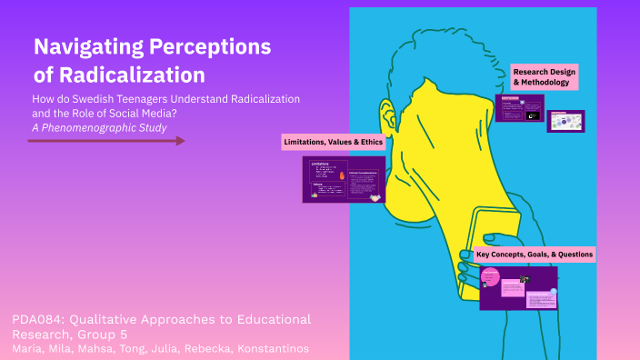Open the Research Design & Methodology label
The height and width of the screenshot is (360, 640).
pyautogui.click(x=545, y=76)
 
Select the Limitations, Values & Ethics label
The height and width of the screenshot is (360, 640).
pyautogui.click(x=334, y=142)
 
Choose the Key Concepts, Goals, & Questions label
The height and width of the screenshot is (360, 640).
pyautogui.click(x=535, y=255)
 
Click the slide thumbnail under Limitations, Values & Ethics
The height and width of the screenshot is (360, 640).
pyautogui.click(x=344, y=179)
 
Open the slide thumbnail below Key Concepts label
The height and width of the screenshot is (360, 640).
pyautogui.click(x=517, y=287)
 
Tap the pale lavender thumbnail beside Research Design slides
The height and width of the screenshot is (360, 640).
pyautogui.click(x=565, y=121)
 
